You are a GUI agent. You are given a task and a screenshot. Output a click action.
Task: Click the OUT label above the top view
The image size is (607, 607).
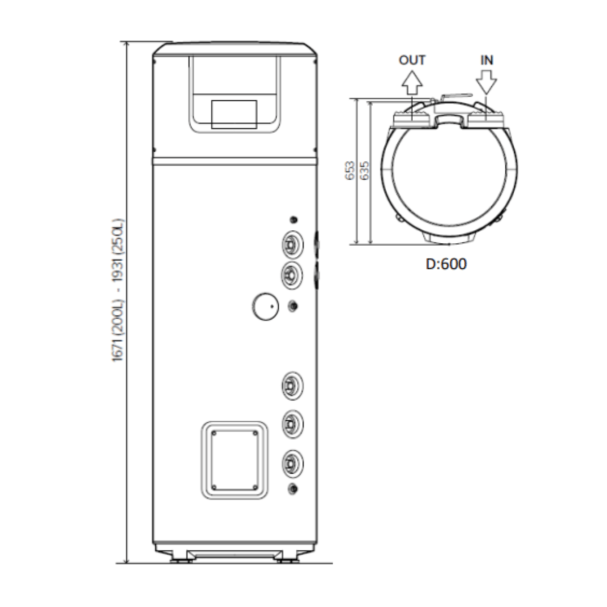[x=412, y=60]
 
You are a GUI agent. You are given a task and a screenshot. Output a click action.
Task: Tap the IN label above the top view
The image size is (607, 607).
[x=487, y=60]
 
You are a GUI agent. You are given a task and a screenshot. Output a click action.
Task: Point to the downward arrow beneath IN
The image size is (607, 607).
[x=487, y=83]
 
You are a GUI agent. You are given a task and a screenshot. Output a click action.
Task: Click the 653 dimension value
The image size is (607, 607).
[x=350, y=171]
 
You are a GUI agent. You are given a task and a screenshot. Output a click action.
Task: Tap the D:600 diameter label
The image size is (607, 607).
[x=446, y=264]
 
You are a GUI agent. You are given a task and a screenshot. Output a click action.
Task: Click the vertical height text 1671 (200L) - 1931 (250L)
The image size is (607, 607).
[x=119, y=289]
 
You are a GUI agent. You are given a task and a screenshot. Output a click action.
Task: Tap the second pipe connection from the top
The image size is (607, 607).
[x=291, y=275]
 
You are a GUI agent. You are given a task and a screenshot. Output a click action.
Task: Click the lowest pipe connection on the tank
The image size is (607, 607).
[x=291, y=464]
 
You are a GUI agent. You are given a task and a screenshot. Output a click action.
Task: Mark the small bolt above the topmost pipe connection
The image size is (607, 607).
[x=292, y=220]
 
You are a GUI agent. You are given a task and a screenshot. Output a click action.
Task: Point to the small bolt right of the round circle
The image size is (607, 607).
[x=292, y=306]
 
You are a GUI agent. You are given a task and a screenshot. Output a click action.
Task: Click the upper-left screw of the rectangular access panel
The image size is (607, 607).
[x=214, y=433]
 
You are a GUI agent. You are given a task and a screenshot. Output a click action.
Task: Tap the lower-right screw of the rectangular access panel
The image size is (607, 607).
[x=255, y=487]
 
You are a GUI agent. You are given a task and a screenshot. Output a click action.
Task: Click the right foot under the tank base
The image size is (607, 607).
[x=287, y=560]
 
